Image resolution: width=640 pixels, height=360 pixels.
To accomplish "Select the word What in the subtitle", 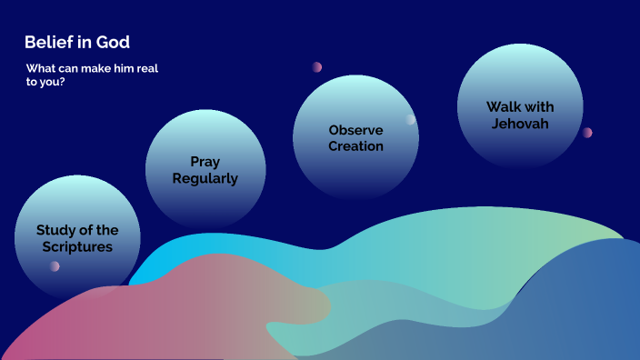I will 40,69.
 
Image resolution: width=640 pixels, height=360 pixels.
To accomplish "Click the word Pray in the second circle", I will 205,162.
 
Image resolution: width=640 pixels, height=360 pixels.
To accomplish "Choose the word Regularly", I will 205,178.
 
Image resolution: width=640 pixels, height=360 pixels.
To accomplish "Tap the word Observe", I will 355,130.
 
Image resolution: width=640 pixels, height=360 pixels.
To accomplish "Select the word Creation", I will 355,145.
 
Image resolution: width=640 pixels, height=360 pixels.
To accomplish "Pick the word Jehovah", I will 520,124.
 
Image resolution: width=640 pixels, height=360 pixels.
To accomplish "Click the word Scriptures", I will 76,246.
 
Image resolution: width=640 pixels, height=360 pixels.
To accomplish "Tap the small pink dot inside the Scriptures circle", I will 55,266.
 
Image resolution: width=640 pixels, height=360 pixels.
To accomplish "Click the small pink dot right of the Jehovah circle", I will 587,133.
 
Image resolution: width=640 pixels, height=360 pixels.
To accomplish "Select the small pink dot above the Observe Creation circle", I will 317,67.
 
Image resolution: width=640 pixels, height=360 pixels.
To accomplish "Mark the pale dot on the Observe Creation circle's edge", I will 411,119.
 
